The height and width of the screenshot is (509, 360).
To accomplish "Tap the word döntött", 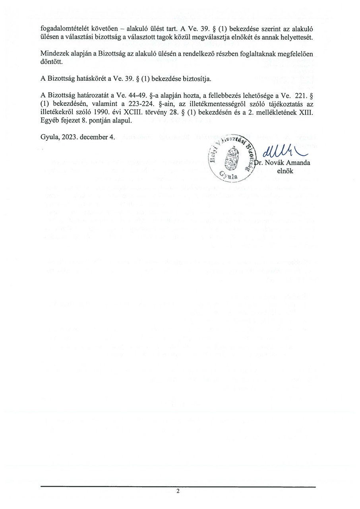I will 49,62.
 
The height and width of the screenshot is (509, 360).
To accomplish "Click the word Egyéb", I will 49,121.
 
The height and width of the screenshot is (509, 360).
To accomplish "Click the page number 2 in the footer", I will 178,491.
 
